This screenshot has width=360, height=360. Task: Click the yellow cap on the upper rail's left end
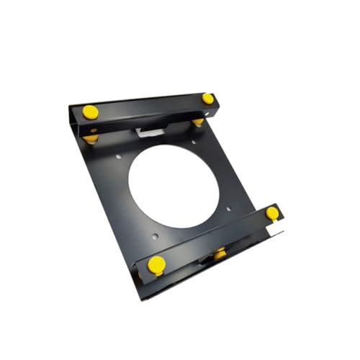pos(90,112)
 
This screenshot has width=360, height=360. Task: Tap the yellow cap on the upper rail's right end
pos(207,98)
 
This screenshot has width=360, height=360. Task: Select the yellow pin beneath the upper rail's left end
pos(91,137)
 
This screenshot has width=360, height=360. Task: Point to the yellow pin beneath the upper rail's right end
pos(198,122)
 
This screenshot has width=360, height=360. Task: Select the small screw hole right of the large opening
pos(229,209)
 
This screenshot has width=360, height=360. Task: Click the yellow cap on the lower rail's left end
pos(156,264)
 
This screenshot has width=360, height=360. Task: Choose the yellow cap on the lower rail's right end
pos(271,212)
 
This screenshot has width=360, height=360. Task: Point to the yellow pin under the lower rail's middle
pos(219,253)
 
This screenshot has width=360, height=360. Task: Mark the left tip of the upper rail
pos(71,108)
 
